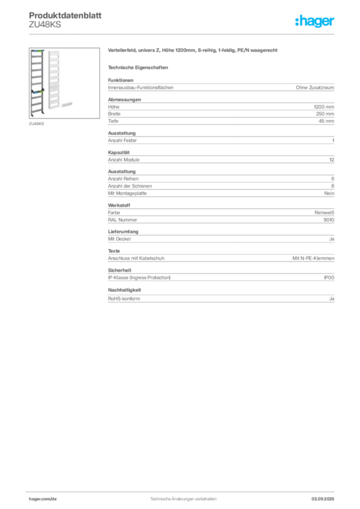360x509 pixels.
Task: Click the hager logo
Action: click(x=315, y=21)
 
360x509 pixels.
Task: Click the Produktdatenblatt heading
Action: click(x=65, y=15)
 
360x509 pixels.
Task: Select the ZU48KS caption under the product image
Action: click(x=36, y=124)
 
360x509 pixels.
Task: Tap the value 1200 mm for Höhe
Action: click(x=324, y=107)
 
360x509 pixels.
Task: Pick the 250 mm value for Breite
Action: click(x=325, y=114)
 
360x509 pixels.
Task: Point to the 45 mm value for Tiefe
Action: click(x=326, y=121)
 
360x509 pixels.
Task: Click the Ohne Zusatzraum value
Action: click(x=315, y=87)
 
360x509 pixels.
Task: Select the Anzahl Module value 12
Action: click(x=332, y=160)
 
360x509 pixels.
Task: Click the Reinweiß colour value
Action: click(x=324, y=213)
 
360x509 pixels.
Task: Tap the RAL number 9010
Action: click(x=329, y=220)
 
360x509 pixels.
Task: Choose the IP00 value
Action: click(x=329, y=277)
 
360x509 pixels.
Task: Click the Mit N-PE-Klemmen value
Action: click(x=313, y=258)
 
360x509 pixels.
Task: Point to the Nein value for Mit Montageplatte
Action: click(x=329, y=193)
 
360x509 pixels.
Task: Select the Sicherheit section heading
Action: click(x=120, y=270)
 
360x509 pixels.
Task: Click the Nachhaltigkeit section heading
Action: click(x=125, y=290)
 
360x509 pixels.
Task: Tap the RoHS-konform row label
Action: click(x=124, y=299)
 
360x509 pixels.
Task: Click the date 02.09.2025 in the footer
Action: click(x=323, y=499)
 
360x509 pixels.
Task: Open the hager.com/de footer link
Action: click(x=43, y=499)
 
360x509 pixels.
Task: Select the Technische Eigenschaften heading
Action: click(x=138, y=68)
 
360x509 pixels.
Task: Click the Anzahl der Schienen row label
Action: click(x=130, y=186)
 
